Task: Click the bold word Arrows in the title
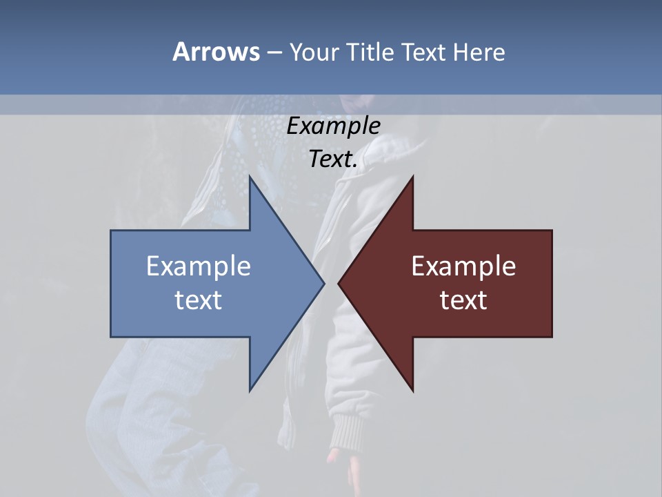pos(216,52)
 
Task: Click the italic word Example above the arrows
pos(333,126)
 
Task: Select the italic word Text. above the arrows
pos(333,159)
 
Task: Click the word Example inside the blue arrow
pos(199,266)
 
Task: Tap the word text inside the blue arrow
pos(199,300)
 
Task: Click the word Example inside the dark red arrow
pos(463,266)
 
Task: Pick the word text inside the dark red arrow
pos(463,300)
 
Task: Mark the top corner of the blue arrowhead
pos(250,177)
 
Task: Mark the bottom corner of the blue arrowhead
pos(250,390)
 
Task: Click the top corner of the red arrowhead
pos(412,177)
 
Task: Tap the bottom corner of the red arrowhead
pos(412,390)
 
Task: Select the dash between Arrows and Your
pos(274,52)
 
